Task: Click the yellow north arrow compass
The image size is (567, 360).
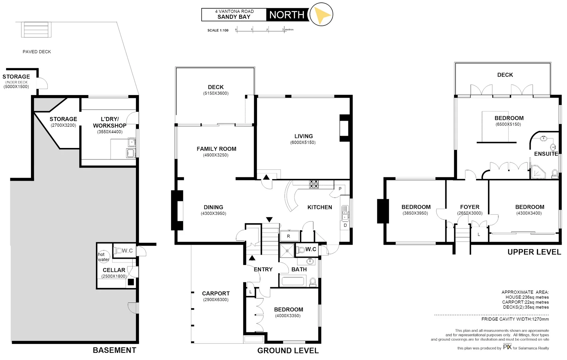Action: click(321, 15)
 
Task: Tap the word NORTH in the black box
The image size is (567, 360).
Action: click(287, 15)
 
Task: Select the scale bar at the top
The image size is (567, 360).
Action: click(260, 30)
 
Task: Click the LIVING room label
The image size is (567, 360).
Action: click(303, 136)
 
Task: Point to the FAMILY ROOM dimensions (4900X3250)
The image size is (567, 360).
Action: click(216, 155)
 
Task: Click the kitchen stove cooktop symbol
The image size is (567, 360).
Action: click(314, 184)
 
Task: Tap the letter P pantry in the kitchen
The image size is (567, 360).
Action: click(340, 189)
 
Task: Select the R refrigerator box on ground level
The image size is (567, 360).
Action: click(289, 236)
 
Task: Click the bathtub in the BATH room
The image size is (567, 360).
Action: click(294, 281)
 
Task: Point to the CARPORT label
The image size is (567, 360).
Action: click(216, 293)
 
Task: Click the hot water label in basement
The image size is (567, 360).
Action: click(103, 257)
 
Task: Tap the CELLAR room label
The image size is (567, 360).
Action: click(114, 270)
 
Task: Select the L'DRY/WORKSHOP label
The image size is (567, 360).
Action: click(110, 122)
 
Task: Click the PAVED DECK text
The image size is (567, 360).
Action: click(37, 52)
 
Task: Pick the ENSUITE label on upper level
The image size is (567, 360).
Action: click(546, 154)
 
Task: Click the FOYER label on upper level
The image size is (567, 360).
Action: click(470, 207)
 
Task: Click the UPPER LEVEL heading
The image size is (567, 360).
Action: click(534, 252)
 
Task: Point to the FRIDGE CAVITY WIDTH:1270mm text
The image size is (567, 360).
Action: click(515, 319)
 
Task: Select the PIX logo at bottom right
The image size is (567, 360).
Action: click(507, 347)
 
